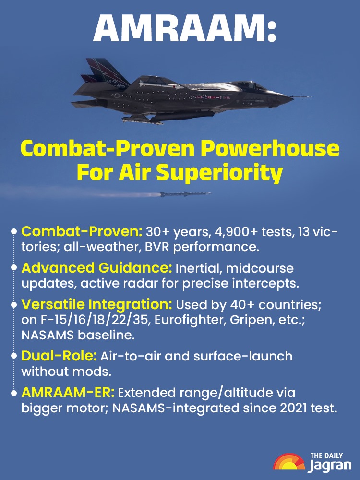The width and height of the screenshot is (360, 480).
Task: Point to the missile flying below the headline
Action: point(185,194)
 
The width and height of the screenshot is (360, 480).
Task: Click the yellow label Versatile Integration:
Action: point(97,304)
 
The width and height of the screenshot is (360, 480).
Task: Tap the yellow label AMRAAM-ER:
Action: point(68,393)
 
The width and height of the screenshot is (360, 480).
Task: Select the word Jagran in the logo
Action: point(330,465)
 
